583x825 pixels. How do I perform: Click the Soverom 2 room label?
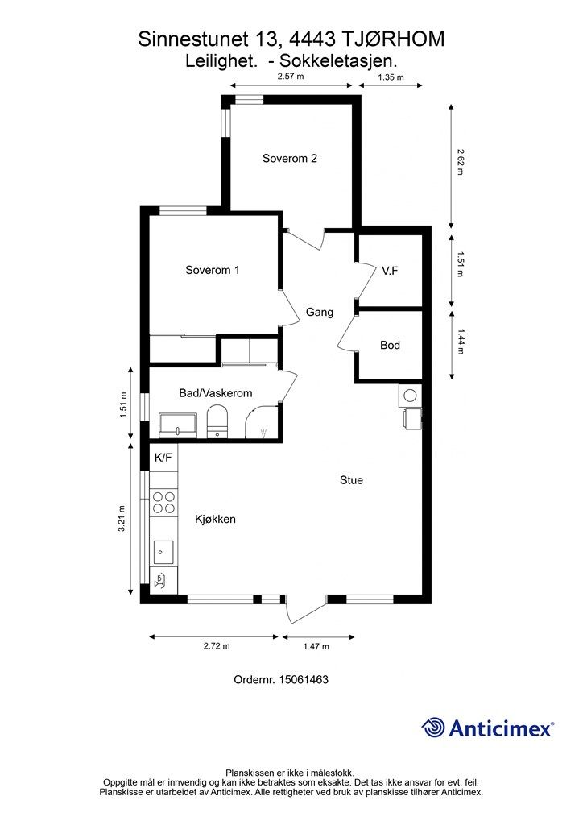[290, 159]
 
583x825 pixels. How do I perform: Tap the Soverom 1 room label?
[213, 270]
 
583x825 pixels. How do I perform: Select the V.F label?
[390, 271]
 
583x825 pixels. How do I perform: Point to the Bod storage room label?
[390, 345]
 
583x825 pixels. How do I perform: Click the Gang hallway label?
[320, 313]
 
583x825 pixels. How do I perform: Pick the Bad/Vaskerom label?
[216, 393]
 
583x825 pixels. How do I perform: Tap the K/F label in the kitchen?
[163, 458]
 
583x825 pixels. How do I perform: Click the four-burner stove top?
[163, 502]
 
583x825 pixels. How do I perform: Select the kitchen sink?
[163, 552]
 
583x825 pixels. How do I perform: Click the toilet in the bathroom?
[217, 421]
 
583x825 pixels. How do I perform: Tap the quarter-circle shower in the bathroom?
[263, 422]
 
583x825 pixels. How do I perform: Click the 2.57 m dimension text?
[291, 77]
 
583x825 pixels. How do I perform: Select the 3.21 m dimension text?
[122, 519]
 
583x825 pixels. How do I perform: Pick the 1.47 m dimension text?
[316, 646]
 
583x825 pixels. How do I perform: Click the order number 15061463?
[304, 679]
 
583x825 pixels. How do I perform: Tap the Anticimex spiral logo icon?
[433, 728]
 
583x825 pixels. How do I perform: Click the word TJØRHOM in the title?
[393, 39]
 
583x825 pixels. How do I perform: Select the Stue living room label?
[351, 480]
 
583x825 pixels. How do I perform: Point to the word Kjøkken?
[215, 520]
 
